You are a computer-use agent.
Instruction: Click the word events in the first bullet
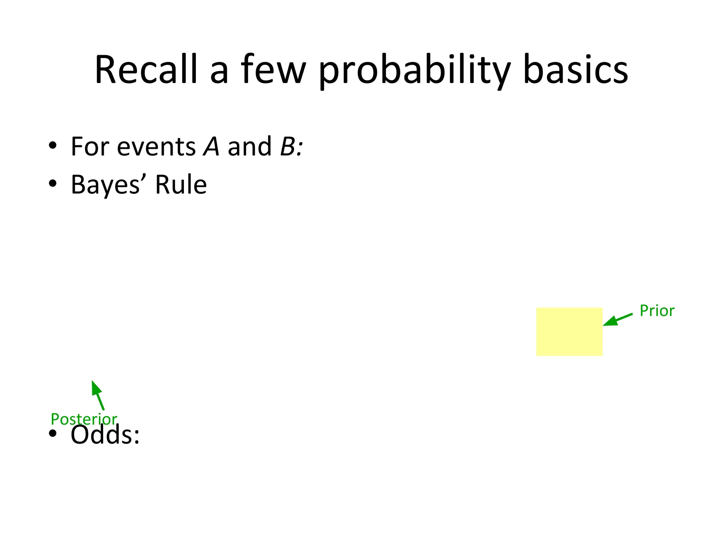coord(156,147)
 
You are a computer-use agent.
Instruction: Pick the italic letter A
coord(211,147)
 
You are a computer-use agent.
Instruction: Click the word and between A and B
coord(249,147)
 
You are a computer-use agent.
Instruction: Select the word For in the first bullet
coord(89,147)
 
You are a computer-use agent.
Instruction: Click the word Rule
coord(181,185)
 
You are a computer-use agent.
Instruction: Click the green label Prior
coord(657,311)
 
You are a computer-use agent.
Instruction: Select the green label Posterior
coord(84,419)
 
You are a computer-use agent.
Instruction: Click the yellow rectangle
coord(569,332)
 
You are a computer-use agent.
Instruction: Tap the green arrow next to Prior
coord(617,319)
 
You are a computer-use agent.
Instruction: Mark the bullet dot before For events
coord(53,146)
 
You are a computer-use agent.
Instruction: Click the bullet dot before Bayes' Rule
coord(53,183)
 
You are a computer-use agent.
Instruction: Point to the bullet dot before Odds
coord(53,434)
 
